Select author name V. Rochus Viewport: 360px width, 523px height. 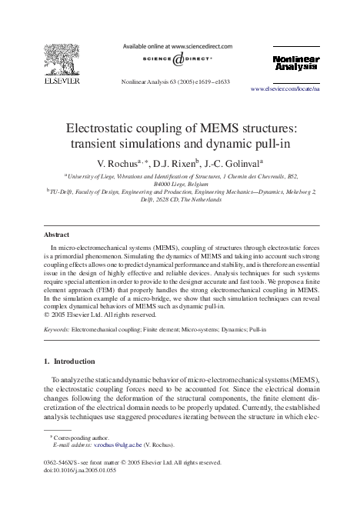click(121, 163)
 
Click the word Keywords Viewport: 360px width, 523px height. click(56, 329)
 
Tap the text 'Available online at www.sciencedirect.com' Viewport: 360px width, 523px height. click(181, 46)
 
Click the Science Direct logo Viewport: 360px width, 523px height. click(180, 61)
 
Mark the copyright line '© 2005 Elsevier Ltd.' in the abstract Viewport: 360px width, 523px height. click(102, 314)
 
